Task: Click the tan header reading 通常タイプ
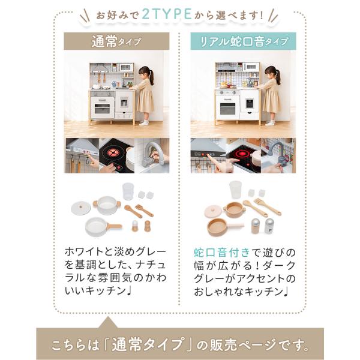tap(116, 41)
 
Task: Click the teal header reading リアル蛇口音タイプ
tap(243, 41)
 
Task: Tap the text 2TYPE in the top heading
tap(167, 14)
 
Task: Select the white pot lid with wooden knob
tap(81, 208)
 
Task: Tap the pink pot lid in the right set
tap(214, 211)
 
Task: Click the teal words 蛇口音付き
tap(221, 253)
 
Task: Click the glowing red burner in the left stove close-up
tap(112, 152)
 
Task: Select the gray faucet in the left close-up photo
tap(152, 154)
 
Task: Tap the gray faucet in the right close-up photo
tap(278, 152)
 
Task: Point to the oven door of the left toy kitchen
tap(102, 107)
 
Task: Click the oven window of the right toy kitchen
tap(227, 109)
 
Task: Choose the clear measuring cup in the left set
tap(128, 191)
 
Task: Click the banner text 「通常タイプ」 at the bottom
tap(148, 344)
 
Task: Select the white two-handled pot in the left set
tap(107, 205)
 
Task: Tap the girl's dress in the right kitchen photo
tap(271, 97)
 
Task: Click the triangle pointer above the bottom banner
tap(108, 323)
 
